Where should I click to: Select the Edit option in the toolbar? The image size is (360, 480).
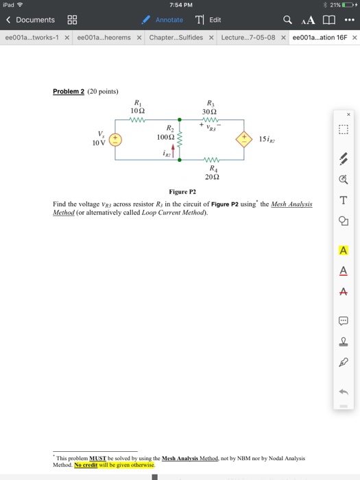[x=208, y=20]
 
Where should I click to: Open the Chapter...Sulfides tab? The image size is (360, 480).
[x=176, y=37]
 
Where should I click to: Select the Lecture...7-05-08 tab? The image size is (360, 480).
[x=248, y=37]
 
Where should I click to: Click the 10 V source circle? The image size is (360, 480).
[x=116, y=139]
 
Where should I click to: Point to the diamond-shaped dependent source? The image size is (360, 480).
[x=243, y=139]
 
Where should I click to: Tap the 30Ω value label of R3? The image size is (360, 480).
[x=211, y=111]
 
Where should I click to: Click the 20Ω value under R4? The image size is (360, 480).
[x=211, y=178]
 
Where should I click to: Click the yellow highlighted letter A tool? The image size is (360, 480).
[x=343, y=250]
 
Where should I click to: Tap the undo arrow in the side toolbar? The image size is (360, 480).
[x=343, y=392]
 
